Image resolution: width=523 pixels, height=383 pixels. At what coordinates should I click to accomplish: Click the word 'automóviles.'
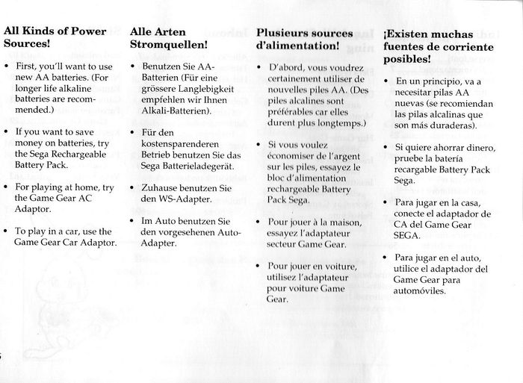423,291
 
